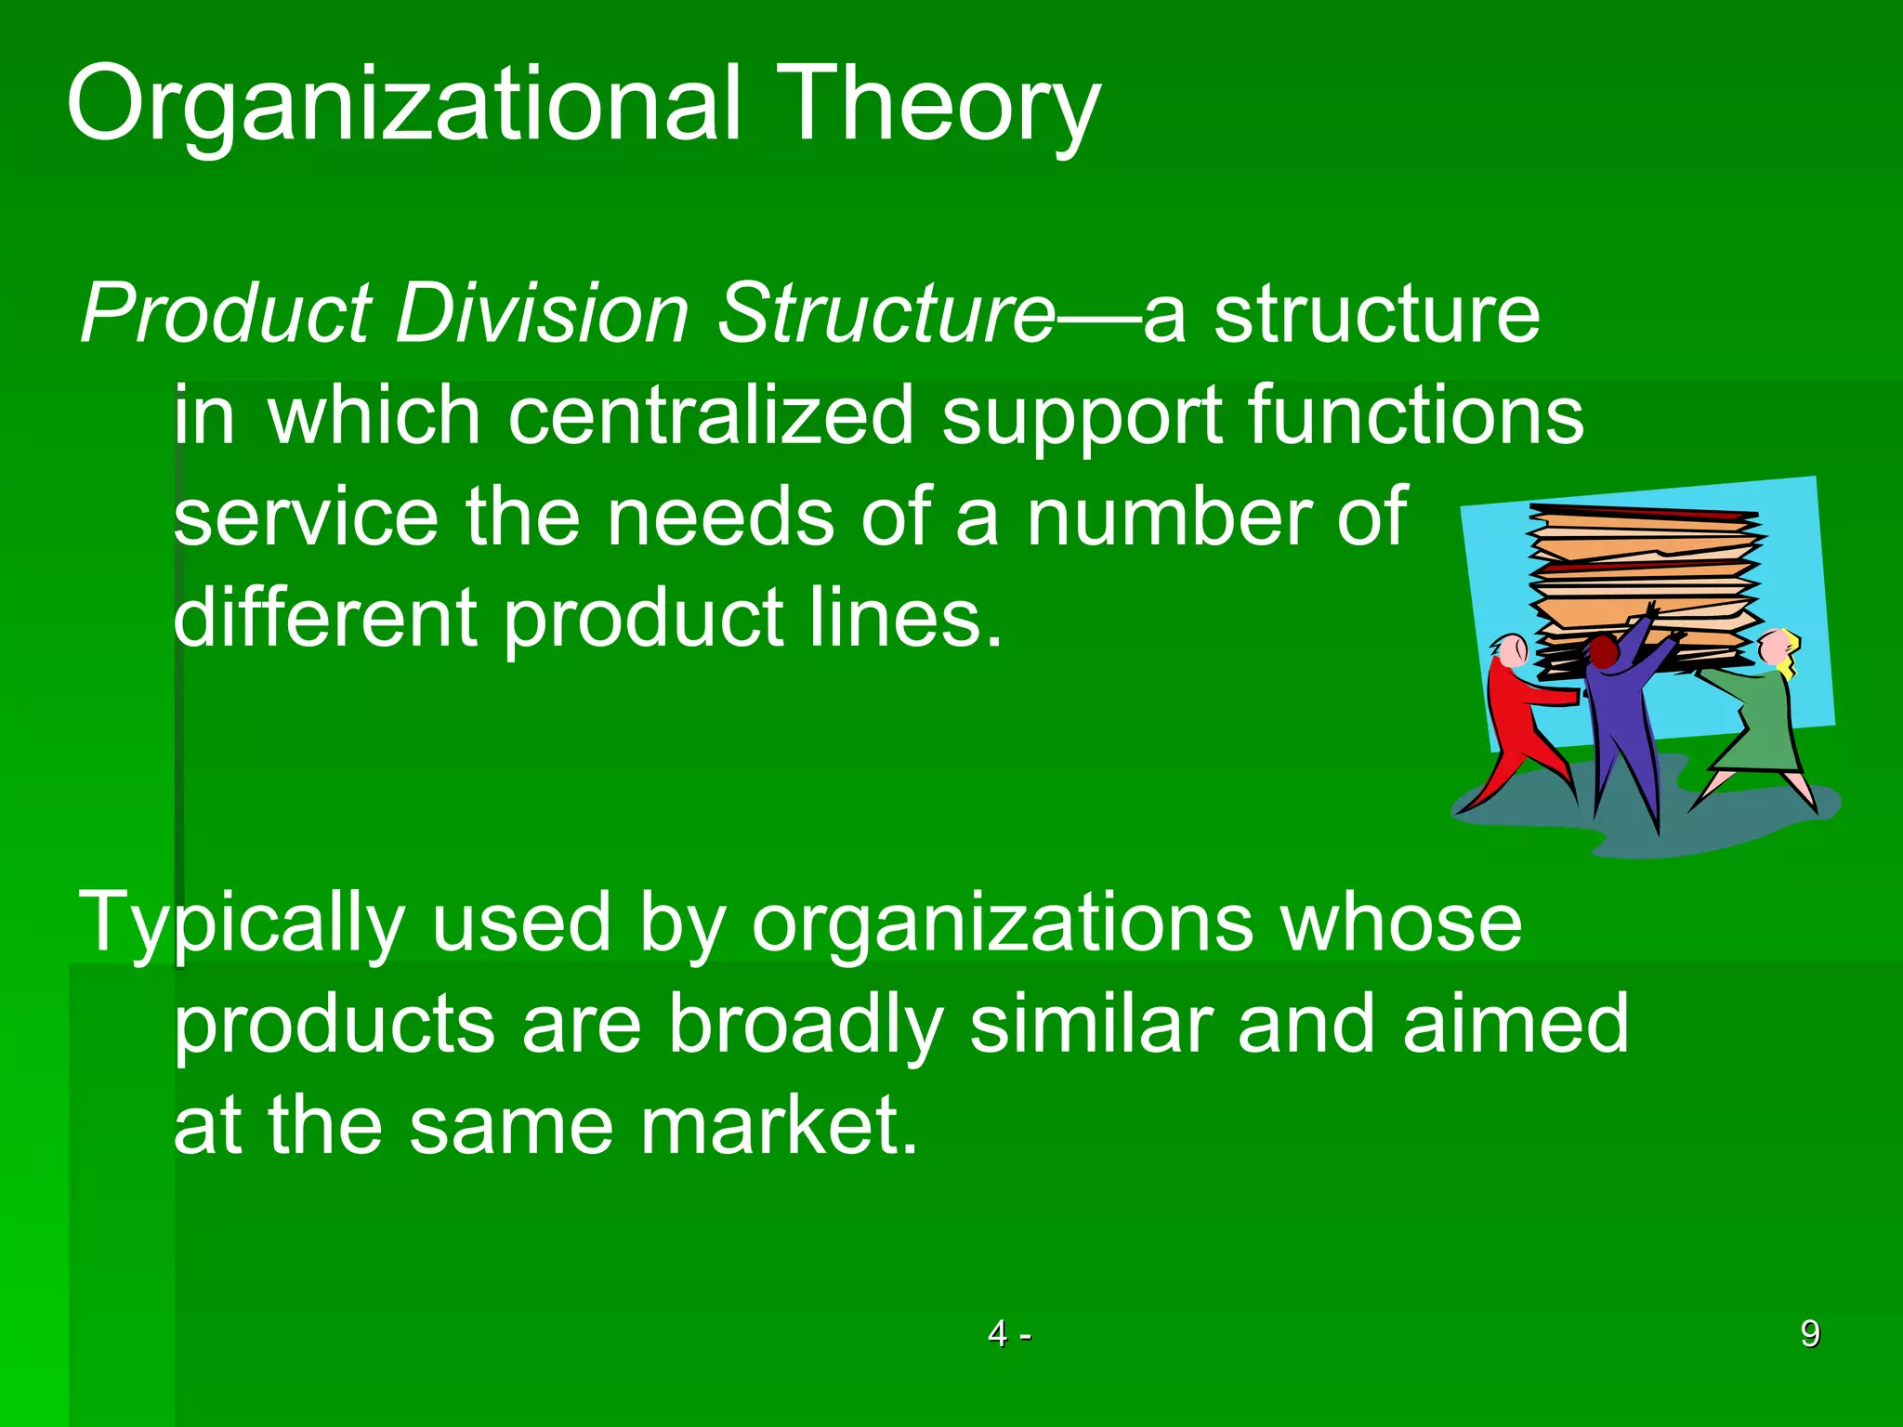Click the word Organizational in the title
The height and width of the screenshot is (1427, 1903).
tap(404, 104)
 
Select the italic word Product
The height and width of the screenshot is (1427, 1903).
tap(227, 314)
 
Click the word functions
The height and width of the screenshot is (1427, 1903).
tap(1415, 415)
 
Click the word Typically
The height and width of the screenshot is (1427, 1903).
tap(242, 923)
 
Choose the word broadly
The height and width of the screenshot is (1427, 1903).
tap(807, 1024)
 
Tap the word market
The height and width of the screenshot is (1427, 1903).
tap(779, 1125)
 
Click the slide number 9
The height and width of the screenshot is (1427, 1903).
tap(1810, 1334)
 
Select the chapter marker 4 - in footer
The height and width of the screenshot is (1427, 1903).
tap(1009, 1334)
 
